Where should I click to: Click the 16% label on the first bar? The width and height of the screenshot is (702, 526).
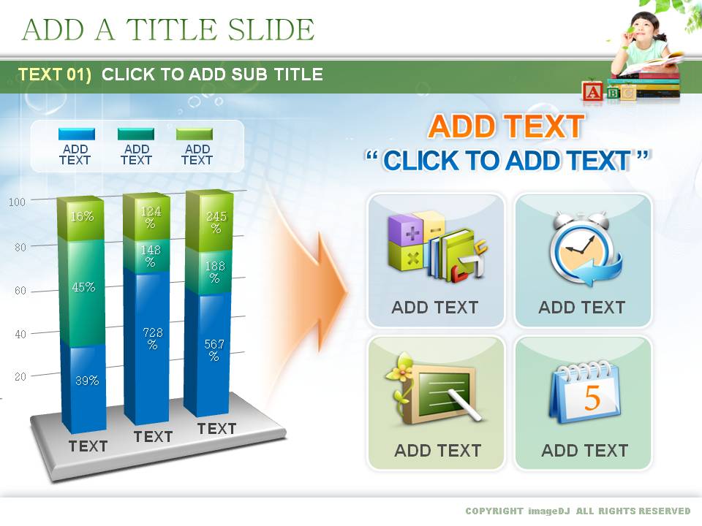[83, 216]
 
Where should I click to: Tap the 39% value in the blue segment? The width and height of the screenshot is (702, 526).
[87, 381]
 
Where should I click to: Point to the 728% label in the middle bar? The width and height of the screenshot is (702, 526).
[153, 338]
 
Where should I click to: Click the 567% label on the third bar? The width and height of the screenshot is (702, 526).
[214, 350]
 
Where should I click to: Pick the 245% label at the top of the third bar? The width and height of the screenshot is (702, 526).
[216, 222]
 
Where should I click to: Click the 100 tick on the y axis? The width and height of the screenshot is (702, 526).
[17, 202]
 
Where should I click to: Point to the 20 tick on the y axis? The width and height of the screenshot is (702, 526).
[20, 377]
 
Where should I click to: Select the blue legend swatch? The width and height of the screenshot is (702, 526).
[77, 134]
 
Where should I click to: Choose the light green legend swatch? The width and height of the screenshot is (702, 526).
[195, 134]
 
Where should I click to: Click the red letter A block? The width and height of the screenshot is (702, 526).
[593, 92]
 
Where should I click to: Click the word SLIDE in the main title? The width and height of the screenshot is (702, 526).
[271, 29]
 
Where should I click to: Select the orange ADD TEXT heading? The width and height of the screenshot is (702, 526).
[506, 126]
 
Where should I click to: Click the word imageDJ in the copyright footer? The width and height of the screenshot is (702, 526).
[549, 511]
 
